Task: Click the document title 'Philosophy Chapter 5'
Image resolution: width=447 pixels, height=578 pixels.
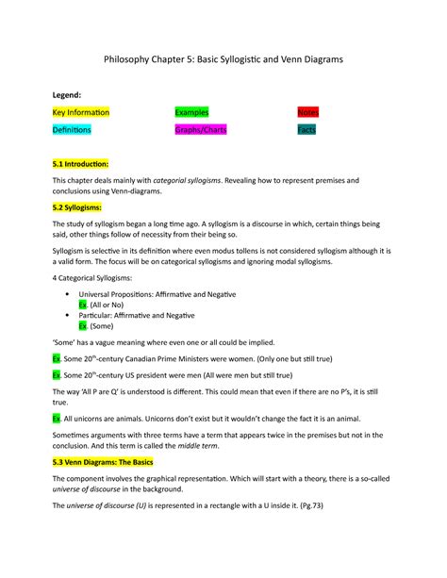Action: click(x=223, y=58)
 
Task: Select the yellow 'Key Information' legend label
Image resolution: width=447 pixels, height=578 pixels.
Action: click(x=81, y=112)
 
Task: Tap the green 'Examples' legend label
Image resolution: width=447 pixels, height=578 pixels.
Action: click(x=191, y=112)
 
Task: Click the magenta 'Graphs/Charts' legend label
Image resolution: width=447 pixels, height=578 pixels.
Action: click(x=202, y=129)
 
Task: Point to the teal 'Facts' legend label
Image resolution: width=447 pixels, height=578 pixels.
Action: click(x=306, y=129)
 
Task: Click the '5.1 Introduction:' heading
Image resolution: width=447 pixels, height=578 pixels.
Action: click(x=82, y=162)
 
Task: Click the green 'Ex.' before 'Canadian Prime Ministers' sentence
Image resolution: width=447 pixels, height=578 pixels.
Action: click(x=57, y=360)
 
